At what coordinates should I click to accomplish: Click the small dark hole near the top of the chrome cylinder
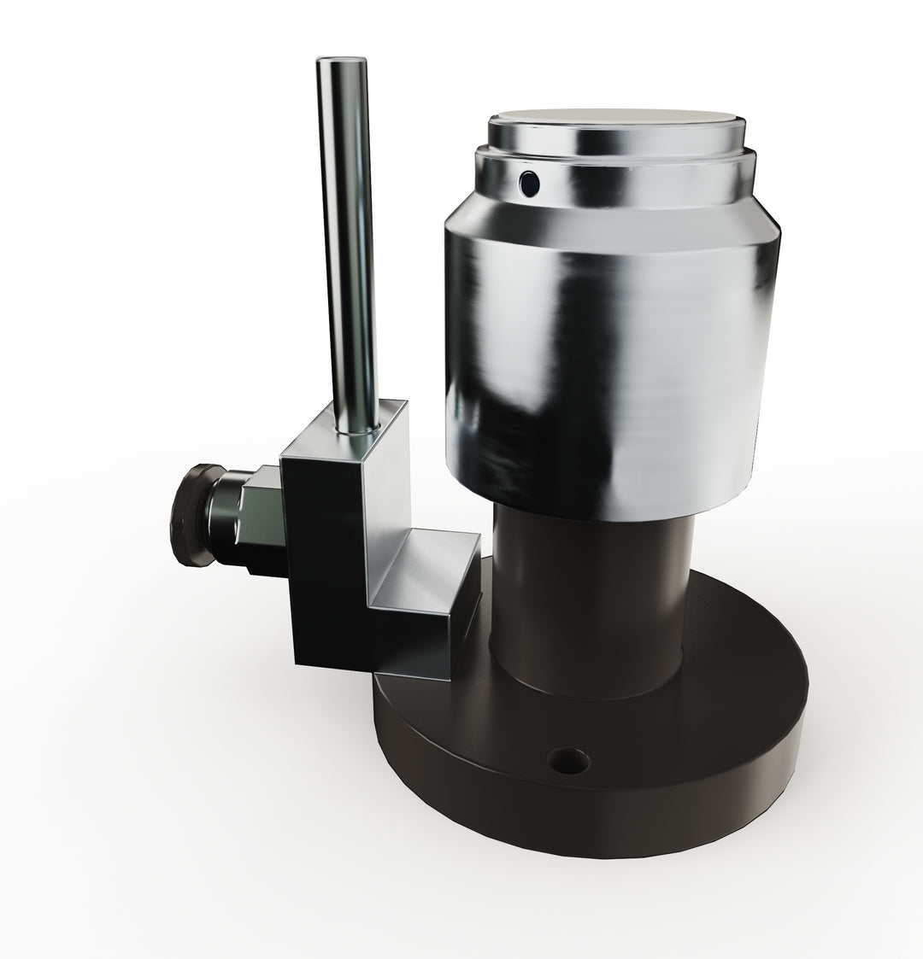point(531,181)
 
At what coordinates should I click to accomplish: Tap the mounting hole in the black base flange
point(569,758)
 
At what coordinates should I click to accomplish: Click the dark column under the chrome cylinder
point(590,598)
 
